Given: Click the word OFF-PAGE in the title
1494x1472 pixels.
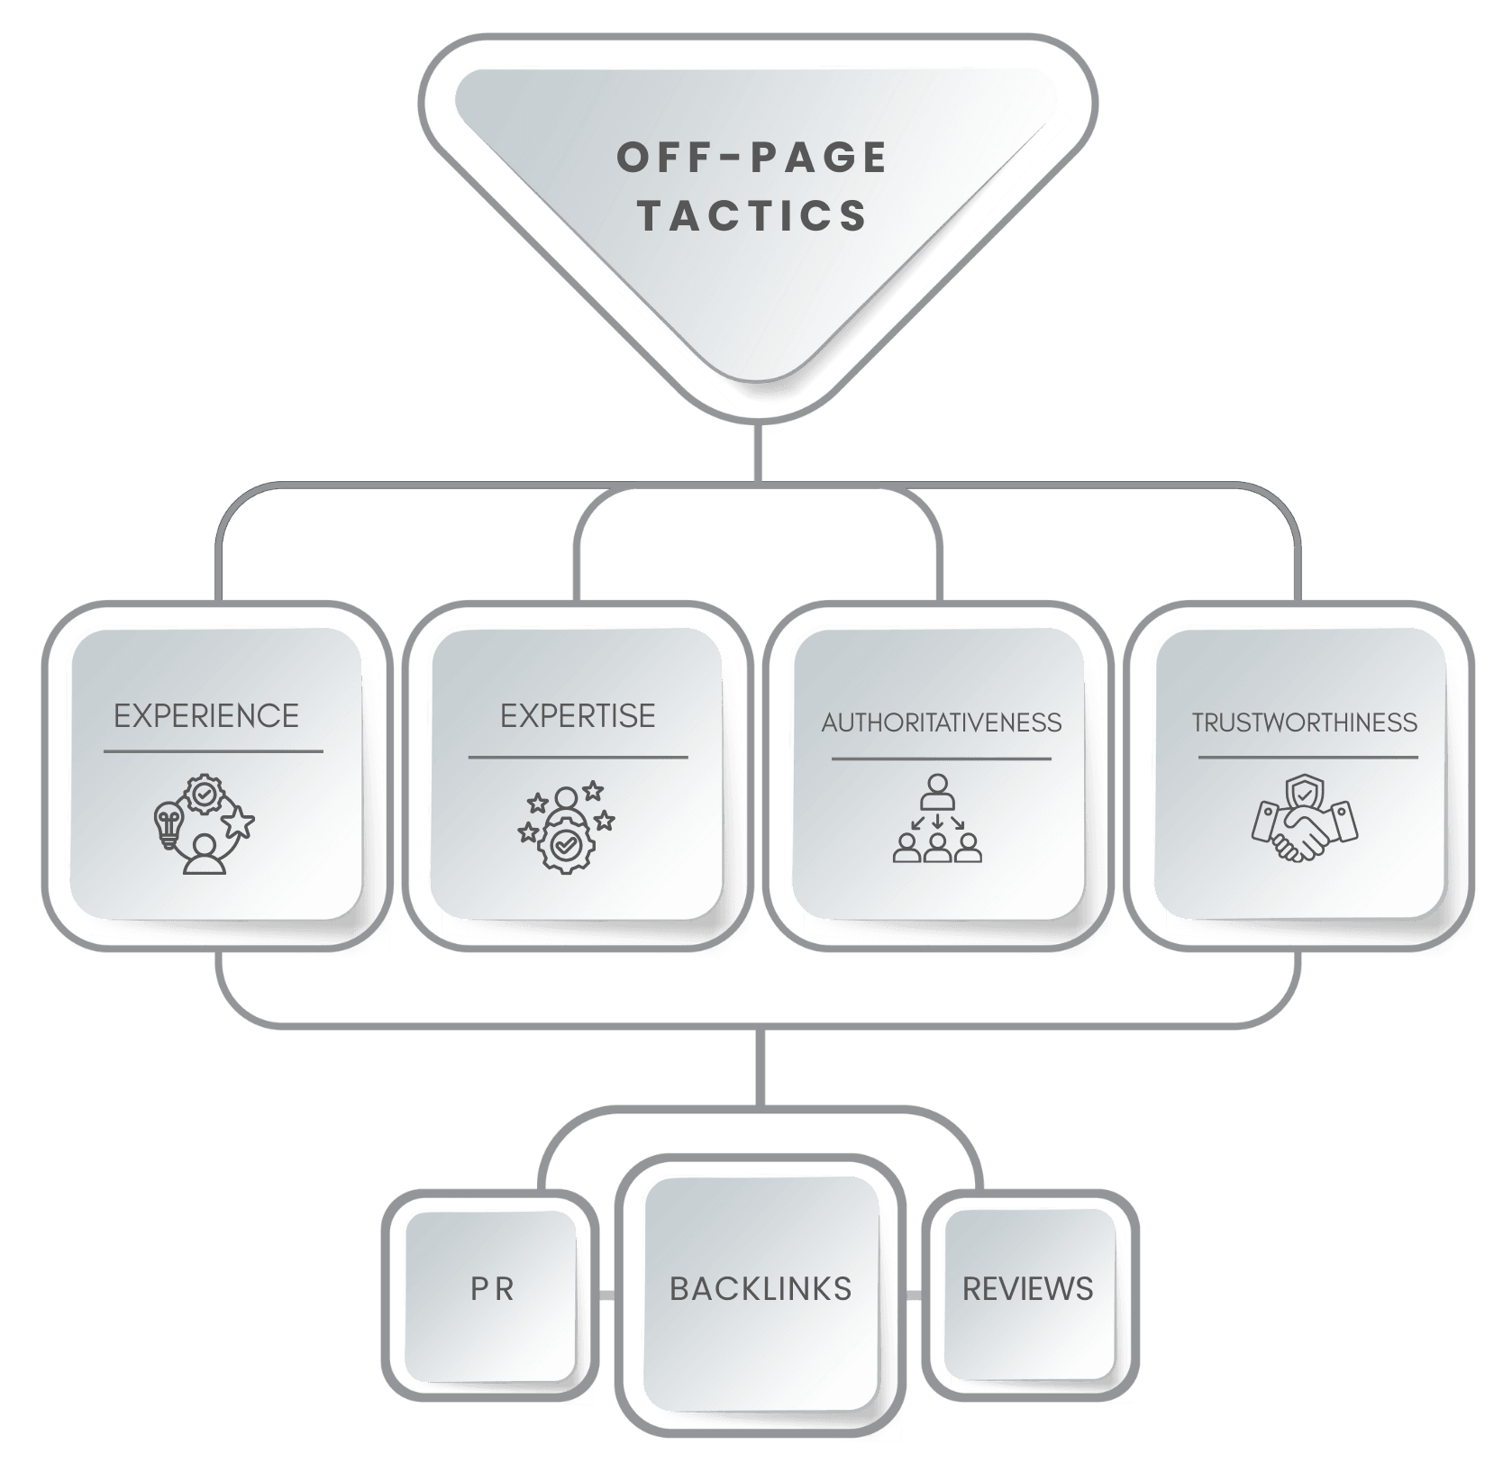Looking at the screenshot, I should (752, 159).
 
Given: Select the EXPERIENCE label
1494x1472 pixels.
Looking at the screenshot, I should (206, 716).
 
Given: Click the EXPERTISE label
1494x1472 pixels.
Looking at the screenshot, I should (578, 716).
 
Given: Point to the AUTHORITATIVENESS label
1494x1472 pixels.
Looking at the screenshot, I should (942, 722).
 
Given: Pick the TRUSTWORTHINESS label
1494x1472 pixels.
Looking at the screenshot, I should (1305, 722).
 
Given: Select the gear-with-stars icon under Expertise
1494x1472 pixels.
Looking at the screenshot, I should (564, 827).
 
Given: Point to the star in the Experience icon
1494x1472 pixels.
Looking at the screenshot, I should (240, 822).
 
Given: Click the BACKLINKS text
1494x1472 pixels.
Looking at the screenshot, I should (761, 1289).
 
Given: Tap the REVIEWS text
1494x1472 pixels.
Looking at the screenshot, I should (1027, 1289).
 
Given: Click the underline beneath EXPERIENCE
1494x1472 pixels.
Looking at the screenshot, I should (213, 750).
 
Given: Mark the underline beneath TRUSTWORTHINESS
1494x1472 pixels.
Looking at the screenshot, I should (1307, 758).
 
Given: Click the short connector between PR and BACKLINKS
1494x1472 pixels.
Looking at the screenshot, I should (607, 1295).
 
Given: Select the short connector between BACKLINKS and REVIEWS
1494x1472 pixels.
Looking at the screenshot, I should (914, 1295).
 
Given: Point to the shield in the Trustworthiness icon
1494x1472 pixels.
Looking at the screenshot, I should (1306, 795).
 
